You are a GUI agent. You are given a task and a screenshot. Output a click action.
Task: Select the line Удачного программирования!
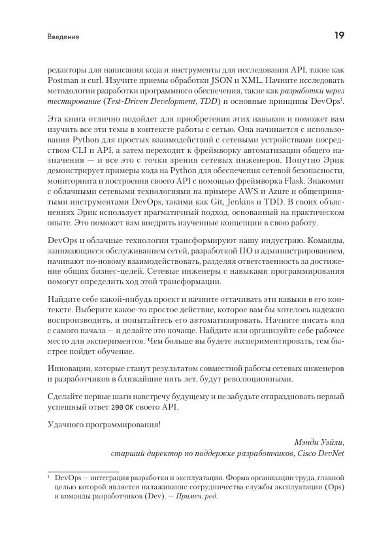point(104,424)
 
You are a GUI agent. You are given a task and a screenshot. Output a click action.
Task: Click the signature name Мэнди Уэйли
point(319,441)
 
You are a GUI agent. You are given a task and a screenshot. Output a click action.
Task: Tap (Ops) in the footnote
point(333,487)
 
